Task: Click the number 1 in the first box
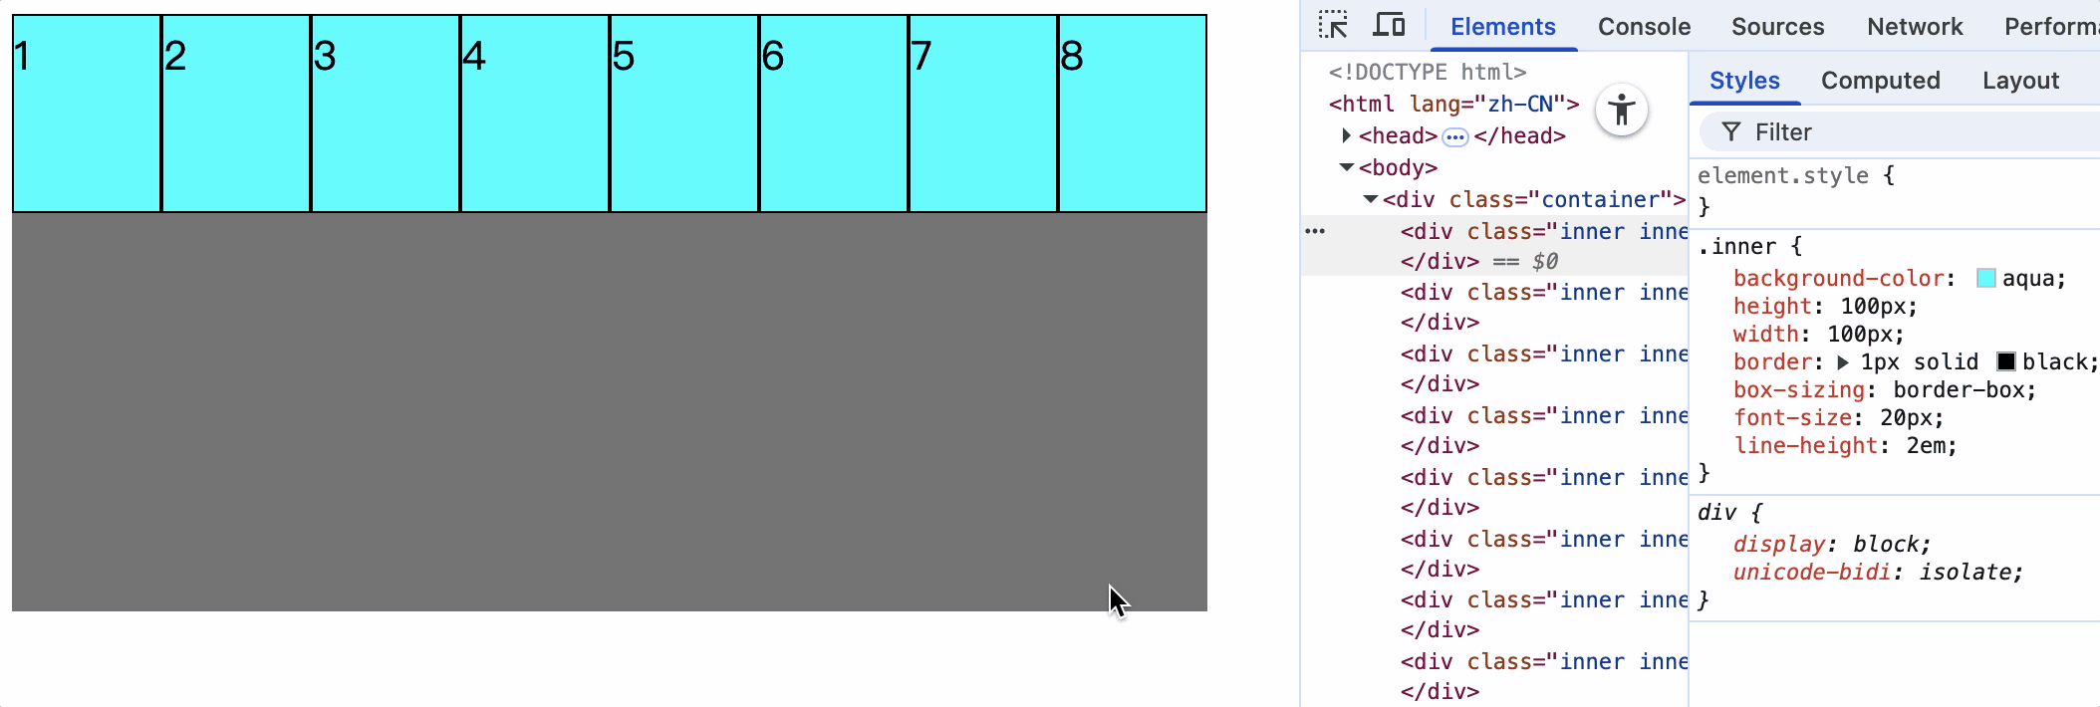[x=22, y=56]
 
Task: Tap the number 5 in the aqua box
[x=623, y=56]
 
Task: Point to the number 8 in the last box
[x=1072, y=56]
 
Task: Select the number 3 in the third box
[x=324, y=56]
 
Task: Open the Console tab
[x=1644, y=27]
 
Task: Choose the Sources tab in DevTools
[x=1777, y=27]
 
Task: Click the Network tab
[x=1915, y=27]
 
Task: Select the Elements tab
[x=1502, y=27]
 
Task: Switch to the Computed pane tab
[x=1880, y=81]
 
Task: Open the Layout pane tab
[x=2020, y=81]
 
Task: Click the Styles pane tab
[x=1744, y=81]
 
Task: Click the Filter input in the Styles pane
[x=1893, y=132]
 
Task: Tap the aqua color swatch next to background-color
[x=1985, y=279]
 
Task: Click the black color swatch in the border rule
[x=2006, y=361]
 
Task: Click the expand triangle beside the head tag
[x=1346, y=135]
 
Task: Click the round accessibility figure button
[x=1621, y=110]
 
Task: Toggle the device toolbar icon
[x=1389, y=25]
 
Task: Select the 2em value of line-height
[x=1931, y=446]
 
